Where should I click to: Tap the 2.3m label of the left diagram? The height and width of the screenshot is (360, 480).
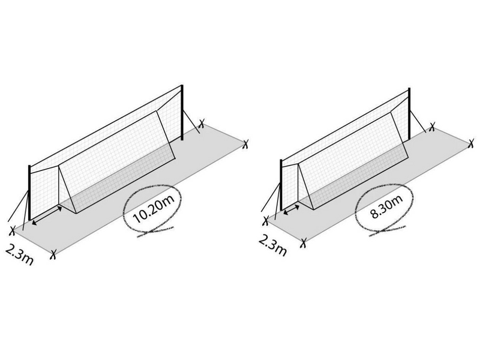coord(19,254)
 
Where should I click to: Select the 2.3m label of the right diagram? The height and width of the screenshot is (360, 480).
coord(272,245)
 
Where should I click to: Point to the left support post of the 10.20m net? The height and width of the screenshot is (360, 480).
coord(29,193)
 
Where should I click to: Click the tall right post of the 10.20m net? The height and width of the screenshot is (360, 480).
coord(182,112)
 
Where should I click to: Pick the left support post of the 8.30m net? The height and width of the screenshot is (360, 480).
coord(281,186)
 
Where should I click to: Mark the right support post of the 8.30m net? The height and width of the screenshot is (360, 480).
coord(409,114)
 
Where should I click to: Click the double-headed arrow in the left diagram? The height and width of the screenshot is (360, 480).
coord(47,216)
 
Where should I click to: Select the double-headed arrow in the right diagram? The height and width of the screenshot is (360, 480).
coord(291,209)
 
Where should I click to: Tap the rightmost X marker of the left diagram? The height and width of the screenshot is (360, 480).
coord(245,144)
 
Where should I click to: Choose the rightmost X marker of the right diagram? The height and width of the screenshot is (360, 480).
coord(472,143)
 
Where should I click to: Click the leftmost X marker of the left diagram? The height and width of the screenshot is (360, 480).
coord(12,231)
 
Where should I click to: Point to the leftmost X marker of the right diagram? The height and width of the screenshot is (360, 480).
coord(266,221)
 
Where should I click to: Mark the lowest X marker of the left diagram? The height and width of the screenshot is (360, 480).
coord(53,254)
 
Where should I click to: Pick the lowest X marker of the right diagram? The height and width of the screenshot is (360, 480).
coord(303,244)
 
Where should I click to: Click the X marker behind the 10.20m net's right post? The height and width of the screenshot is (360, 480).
coord(201,124)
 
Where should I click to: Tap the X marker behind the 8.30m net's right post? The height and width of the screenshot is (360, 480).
coord(432,127)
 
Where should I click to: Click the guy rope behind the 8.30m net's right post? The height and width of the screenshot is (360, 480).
coord(418,121)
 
